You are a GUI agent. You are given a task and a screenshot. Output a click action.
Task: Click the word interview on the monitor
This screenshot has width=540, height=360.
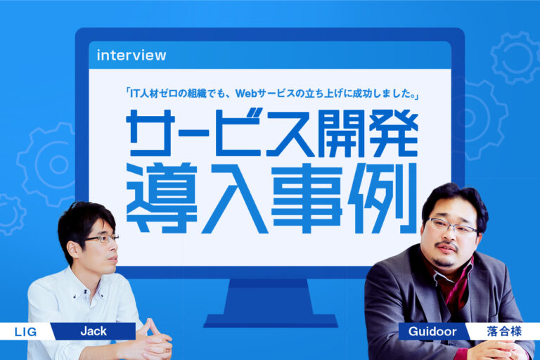(x=131, y=56)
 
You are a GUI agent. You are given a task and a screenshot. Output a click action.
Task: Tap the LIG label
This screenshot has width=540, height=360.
(x=25, y=332)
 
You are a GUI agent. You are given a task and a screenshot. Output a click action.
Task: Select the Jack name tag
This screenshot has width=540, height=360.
(x=94, y=331)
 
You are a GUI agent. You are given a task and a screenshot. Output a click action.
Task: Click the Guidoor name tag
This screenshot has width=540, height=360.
(x=432, y=331)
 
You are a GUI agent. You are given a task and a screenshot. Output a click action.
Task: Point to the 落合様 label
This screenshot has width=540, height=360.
(x=504, y=331)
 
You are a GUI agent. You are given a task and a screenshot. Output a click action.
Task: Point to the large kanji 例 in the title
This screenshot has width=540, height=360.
(x=382, y=198)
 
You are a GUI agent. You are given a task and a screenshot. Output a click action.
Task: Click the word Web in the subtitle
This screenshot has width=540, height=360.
(x=246, y=94)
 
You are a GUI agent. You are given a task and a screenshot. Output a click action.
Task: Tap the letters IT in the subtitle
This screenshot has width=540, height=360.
(x=135, y=94)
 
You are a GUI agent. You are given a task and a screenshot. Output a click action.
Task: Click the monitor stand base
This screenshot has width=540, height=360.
(x=270, y=321)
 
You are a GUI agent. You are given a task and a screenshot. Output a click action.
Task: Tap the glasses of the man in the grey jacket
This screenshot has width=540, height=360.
(x=452, y=226)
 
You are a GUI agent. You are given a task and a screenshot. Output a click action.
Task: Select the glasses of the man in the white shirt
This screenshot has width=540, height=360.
(x=103, y=238)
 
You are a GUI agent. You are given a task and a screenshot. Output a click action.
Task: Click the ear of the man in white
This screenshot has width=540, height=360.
(x=73, y=249)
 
